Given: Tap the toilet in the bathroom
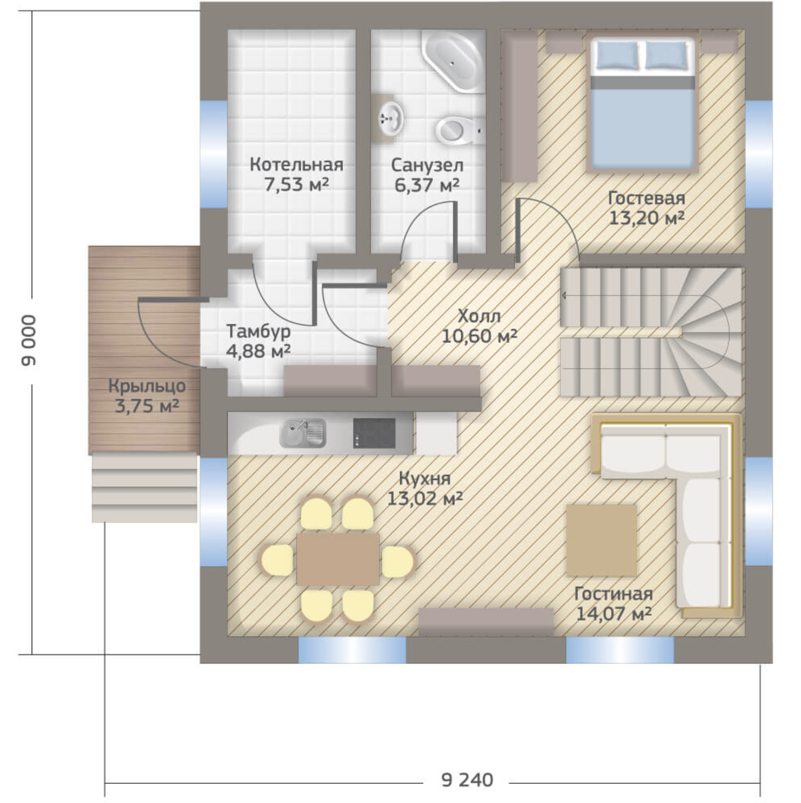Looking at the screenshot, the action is tap(458, 130).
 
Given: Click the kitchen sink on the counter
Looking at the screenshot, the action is tap(303, 433).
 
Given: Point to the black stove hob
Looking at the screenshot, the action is tap(375, 433).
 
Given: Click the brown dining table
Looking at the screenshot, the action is tap(338, 559).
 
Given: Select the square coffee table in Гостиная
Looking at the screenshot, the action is tap(601, 540).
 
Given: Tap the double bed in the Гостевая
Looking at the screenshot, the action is tap(643, 104).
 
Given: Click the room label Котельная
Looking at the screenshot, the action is tap(296, 165).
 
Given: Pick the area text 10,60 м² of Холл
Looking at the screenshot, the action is tap(479, 336).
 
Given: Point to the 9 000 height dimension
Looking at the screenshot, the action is tap(28, 341).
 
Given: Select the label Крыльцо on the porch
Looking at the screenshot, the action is tap(147, 386).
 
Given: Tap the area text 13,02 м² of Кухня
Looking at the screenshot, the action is tap(424, 499).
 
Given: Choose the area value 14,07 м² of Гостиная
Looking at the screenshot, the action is tap(613, 613).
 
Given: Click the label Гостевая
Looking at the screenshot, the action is tap(647, 198).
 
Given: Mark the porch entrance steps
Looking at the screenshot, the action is tap(144, 488).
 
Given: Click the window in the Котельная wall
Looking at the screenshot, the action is tap(213, 154).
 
